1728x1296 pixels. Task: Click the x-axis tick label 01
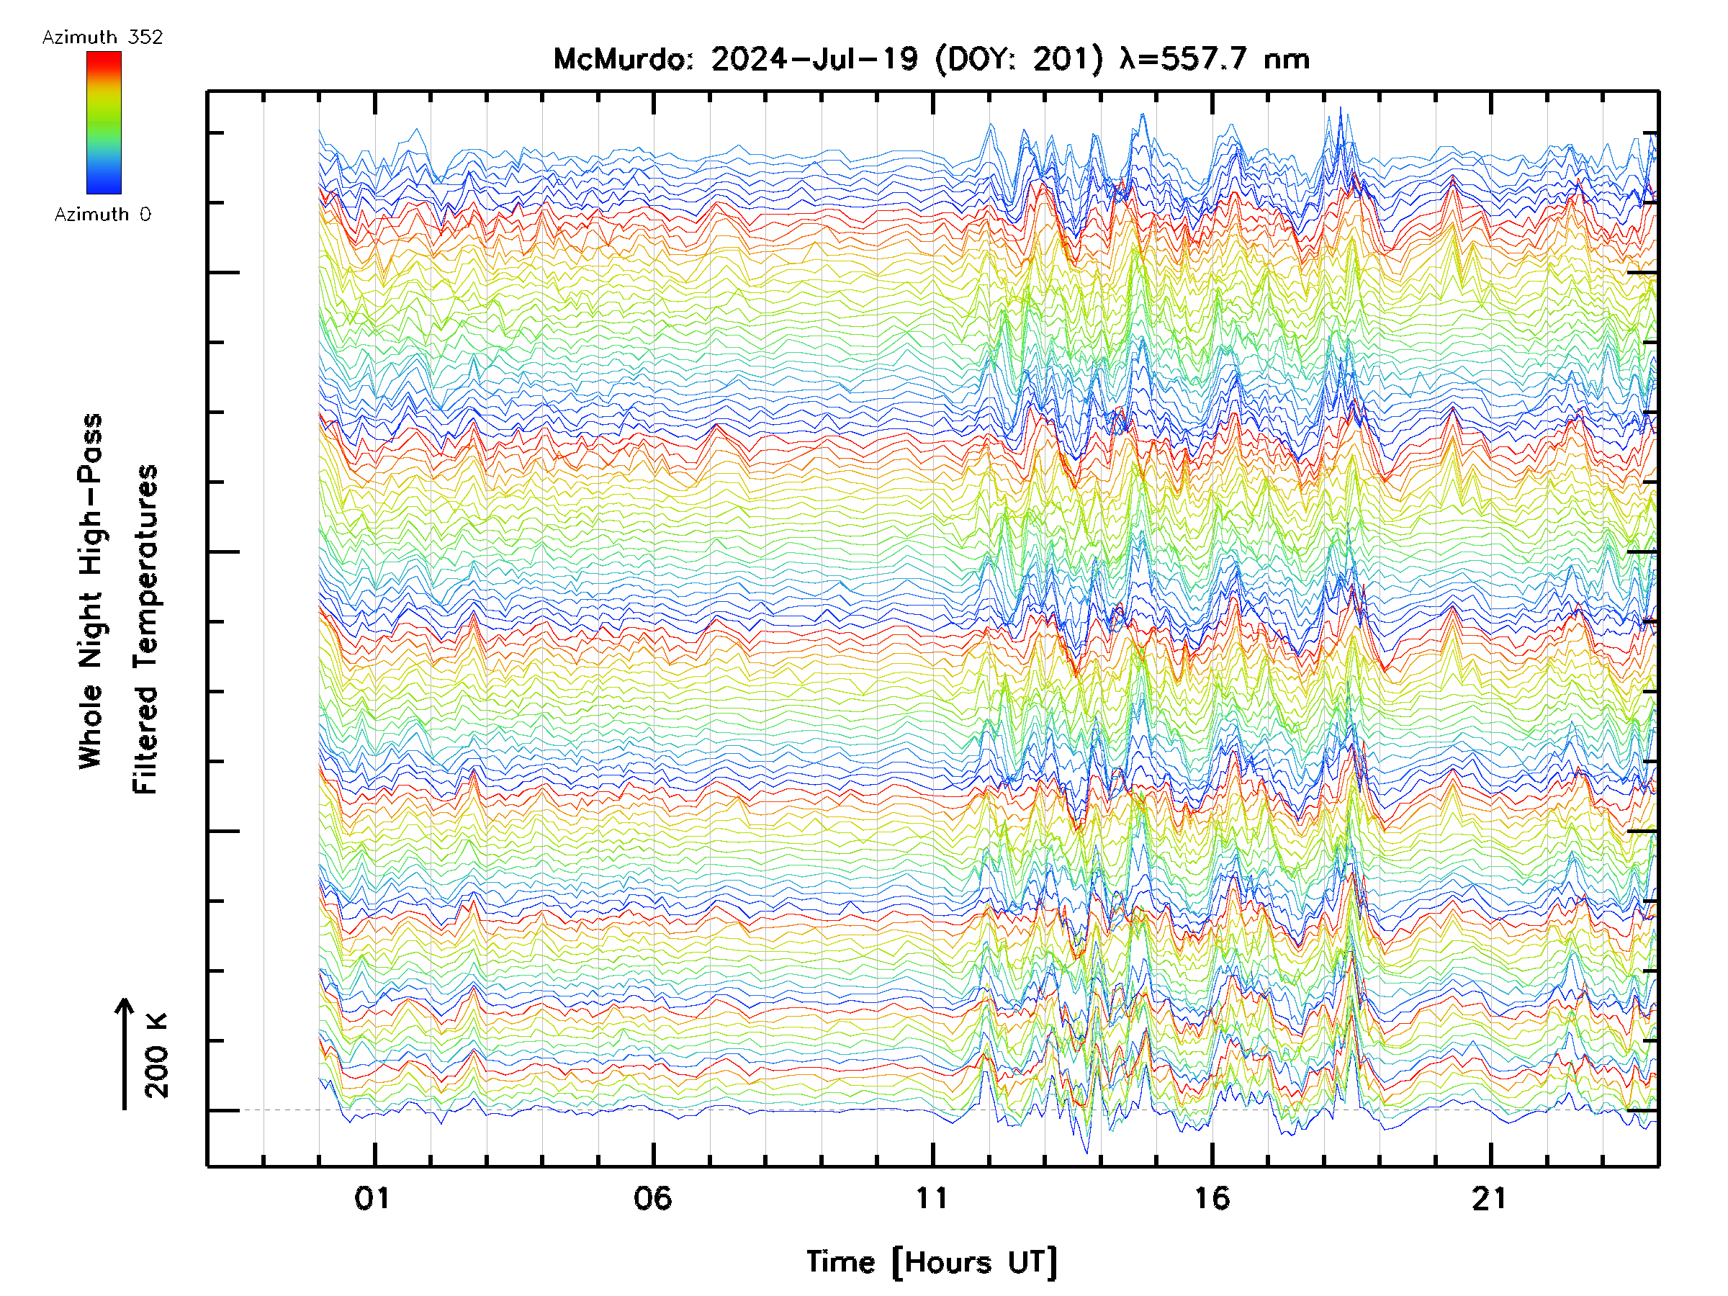tap(372, 1198)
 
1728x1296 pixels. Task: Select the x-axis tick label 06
tap(652, 1198)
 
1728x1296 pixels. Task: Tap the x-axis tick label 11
tap(931, 1198)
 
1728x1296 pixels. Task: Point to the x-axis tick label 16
tap(1212, 1198)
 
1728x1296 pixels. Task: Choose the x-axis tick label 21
tap(1489, 1198)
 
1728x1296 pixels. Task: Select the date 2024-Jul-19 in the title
tap(814, 59)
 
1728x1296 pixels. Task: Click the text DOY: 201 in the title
tap(1020, 59)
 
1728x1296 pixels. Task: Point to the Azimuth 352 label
tap(102, 37)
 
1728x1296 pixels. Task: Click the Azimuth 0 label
tap(102, 214)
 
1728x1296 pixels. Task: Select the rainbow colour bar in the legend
tap(104, 122)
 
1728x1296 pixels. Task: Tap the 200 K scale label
tap(156, 1055)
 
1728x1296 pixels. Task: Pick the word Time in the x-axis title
tap(840, 1261)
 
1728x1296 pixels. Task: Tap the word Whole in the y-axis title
tap(91, 726)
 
